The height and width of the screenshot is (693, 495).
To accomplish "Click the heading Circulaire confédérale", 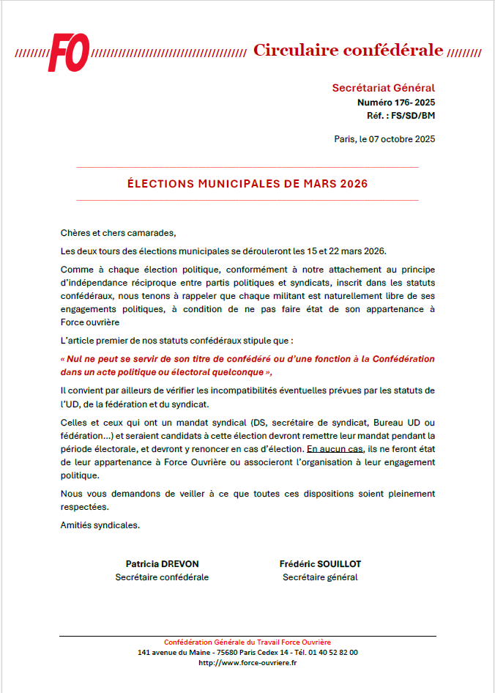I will (348, 50).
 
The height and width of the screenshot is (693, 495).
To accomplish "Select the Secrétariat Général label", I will (383, 88).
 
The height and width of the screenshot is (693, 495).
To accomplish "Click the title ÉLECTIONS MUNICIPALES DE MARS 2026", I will (247, 184).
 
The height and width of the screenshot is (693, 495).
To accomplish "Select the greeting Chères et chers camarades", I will (119, 233).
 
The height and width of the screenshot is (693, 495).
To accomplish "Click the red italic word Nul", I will (75, 359).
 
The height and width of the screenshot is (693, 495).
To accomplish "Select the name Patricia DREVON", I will (162, 563).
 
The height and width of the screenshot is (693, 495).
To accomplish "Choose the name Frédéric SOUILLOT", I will (320, 563).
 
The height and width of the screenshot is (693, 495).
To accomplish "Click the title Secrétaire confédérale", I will (162, 577).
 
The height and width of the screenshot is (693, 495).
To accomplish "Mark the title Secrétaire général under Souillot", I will (320, 577).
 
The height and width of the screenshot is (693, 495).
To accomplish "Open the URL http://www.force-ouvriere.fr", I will (247, 663).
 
